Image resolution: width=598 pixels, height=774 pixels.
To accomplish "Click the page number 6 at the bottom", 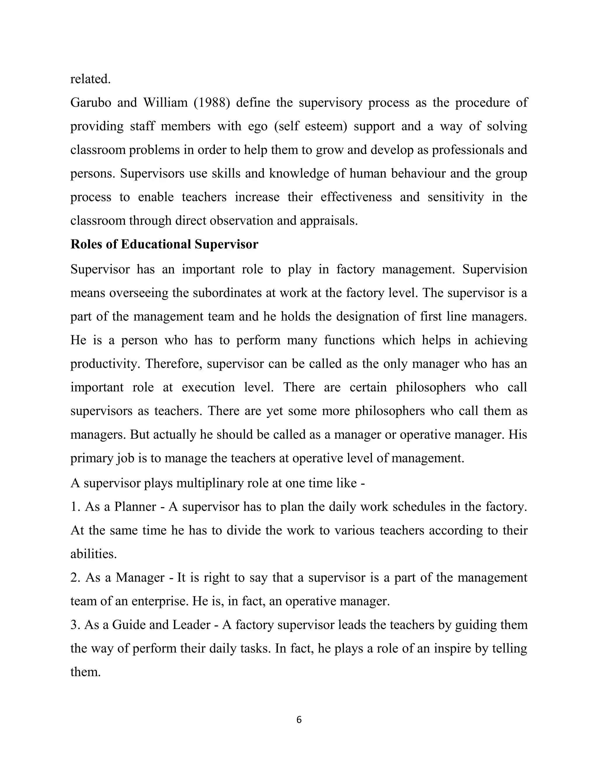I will tap(299, 720).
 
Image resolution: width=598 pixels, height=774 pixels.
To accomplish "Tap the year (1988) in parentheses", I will tap(211, 103).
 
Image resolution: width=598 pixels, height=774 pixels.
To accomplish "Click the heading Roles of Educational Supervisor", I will tap(164, 244).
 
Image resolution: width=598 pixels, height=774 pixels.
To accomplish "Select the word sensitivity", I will tap(455, 197).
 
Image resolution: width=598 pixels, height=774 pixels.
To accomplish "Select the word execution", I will tap(208, 387).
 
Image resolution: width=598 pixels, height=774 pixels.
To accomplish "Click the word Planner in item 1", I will tap(135, 507).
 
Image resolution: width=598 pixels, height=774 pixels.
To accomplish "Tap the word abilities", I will tap(93, 554).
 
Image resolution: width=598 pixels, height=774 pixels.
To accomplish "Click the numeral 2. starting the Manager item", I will tap(75, 578).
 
